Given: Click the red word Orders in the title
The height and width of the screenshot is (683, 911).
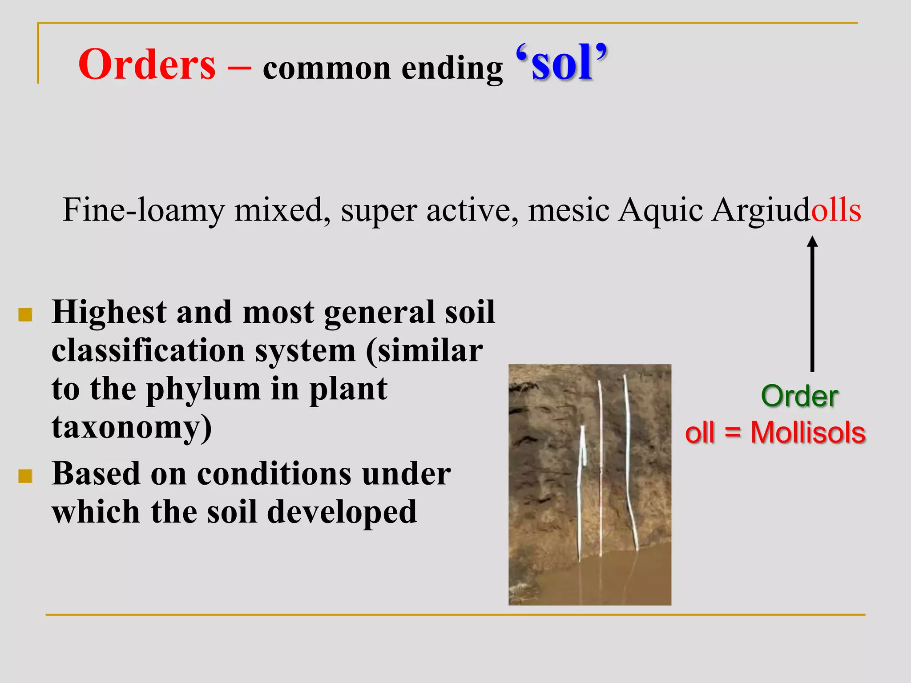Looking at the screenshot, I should pyautogui.click(x=147, y=65).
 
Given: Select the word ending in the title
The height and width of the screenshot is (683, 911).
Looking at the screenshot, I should pyautogui.click(x=452, y=69).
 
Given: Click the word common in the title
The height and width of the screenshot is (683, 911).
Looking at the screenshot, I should pyautogui.click(x=327, y=69).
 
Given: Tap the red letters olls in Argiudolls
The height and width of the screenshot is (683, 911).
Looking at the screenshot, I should pyautogui.click(x=836, y=210).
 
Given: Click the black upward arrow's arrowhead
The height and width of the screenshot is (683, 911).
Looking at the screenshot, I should pyautogui.click(x=812, y=242).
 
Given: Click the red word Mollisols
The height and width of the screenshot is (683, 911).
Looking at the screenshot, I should pyautogui.click(x=808, y=432).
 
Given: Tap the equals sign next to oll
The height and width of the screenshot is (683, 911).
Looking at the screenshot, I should pyautogui.click(x=733, y=433).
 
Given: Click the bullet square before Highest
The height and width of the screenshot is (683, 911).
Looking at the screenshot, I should pyautogui.click(x=25, y=315).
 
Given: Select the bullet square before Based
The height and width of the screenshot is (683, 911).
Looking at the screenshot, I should pyautogui.click(x=25, y=476).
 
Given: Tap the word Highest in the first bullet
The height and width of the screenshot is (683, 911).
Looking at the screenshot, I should pyautogui.click(x=109, y=312).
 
